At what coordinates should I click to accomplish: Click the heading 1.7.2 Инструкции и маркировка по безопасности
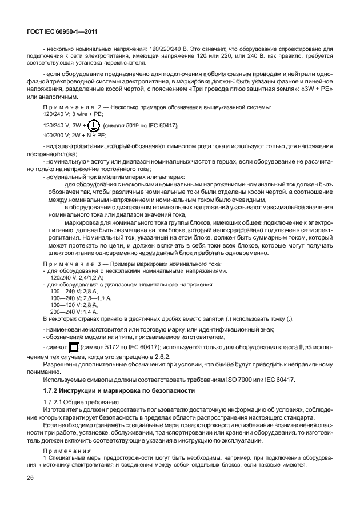tap(114, 390)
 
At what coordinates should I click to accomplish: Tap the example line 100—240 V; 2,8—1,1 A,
tap(81, 298)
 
